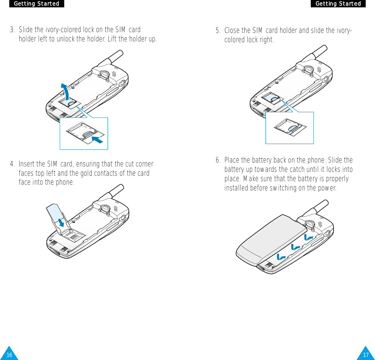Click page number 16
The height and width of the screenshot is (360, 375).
9,355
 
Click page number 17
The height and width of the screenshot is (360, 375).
365,355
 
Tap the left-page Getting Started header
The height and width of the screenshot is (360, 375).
36,3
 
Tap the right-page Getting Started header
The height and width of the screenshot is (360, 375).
338,3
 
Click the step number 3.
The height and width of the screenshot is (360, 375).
12,30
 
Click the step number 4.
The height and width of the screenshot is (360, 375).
12,164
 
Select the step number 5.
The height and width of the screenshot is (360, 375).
218,30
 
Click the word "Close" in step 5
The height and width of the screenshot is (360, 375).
232,30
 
